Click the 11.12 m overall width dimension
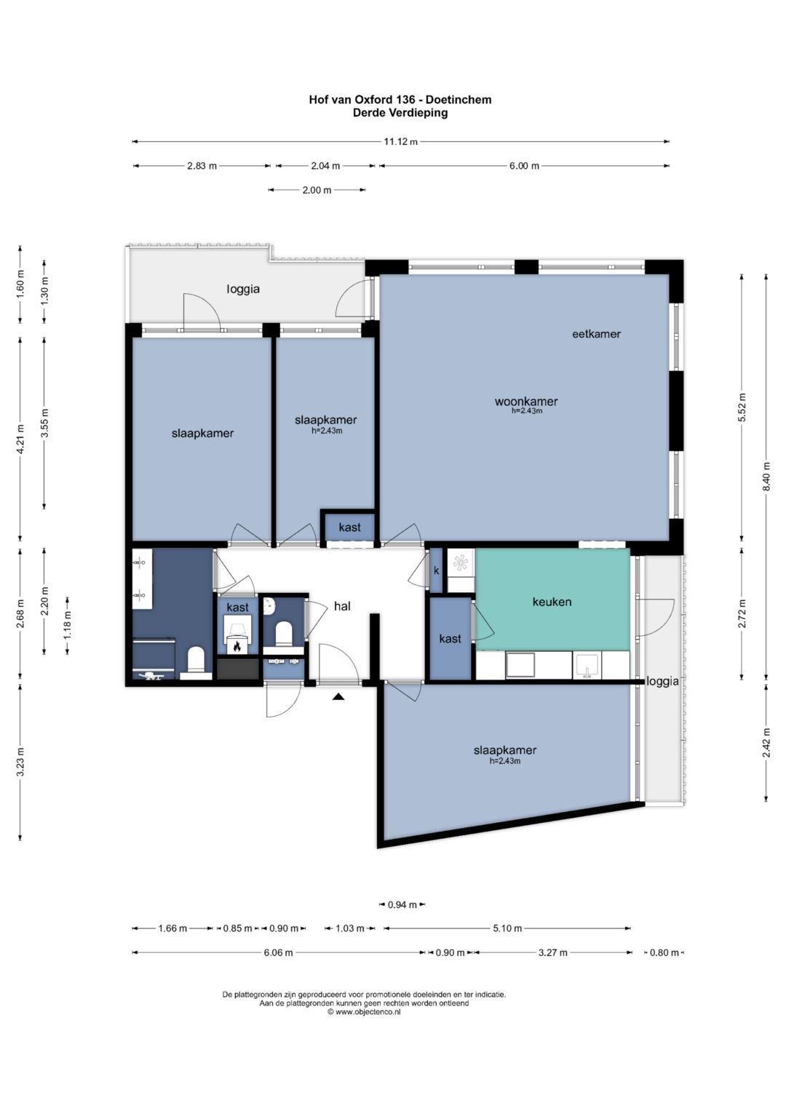(400, 141)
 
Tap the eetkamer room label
(596, 334)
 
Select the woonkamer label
(526, 401)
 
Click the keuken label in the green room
(552, 602)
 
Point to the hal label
(342, 605)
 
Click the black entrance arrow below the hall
(338, 697)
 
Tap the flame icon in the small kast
(237, 646)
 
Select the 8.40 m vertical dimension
(766, 476)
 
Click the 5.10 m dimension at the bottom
(507, 928)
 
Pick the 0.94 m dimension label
(402, 904)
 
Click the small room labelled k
(436, 570)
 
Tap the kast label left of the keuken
(450, 639)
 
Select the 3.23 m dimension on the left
(20, 762)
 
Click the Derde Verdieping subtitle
(400, 113)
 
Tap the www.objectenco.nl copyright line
(364, 1012)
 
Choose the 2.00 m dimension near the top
(317, 189)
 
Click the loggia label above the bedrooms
(243, 289)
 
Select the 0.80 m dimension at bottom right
(664, 952)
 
